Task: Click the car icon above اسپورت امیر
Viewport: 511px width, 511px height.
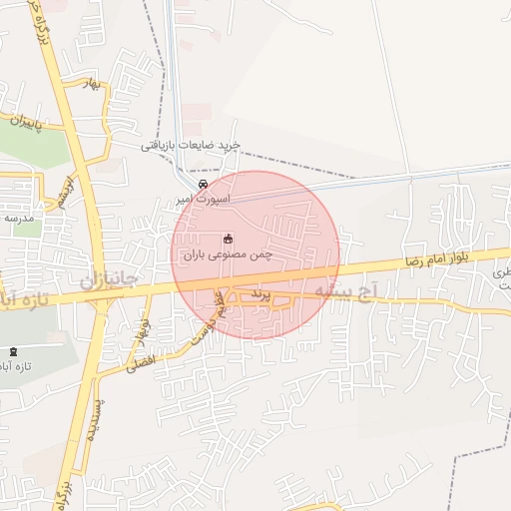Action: pos(204,185)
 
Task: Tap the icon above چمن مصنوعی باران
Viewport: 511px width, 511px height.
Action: pos(228,239)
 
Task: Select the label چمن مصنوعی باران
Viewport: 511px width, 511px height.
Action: pos(229,255)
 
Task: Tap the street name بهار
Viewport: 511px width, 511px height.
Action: pos(95,85)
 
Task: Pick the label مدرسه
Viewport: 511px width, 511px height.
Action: pos(18,217)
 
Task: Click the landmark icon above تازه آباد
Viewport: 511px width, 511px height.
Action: pos(13,352)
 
